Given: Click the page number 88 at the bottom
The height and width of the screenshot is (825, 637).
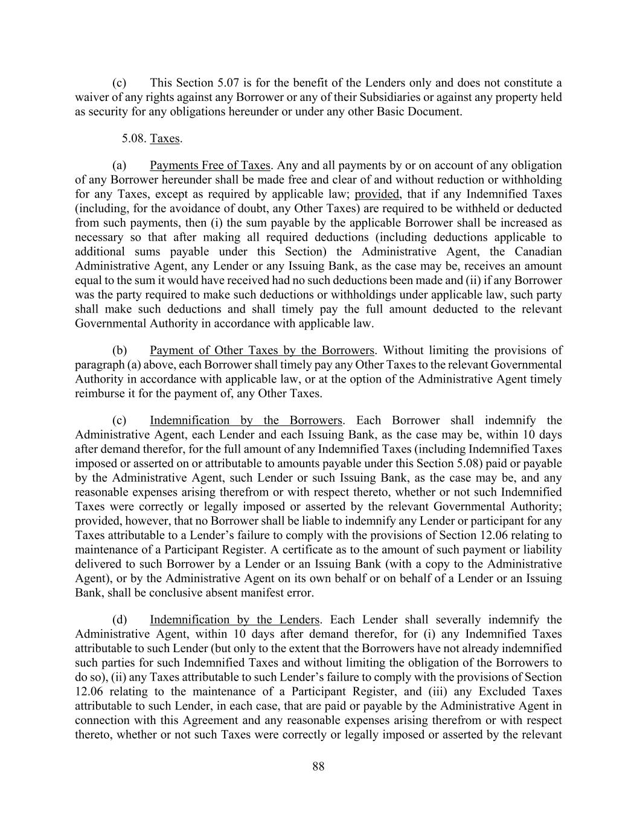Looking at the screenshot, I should coord(319,766).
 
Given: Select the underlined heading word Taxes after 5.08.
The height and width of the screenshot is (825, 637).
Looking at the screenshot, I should coord(165,138).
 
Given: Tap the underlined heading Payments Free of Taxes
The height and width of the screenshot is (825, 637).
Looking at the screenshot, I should coord(210,165).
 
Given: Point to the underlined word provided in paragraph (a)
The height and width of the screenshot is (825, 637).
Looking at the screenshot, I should coord(377,194).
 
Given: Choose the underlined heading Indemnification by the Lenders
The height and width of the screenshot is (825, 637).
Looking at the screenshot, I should coord(235,620).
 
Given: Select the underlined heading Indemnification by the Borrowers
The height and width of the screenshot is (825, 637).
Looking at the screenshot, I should coord(246,420).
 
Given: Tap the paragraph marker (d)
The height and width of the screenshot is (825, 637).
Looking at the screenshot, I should coord(120,620).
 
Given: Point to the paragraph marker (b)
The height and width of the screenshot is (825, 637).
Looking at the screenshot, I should coord(120,351).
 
